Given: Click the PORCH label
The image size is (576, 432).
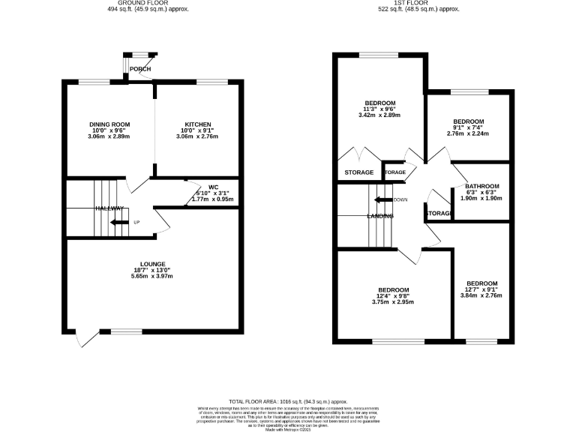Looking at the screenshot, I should click(x=140, y=69).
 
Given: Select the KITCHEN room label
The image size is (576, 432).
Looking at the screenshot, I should click(x=198, y=124).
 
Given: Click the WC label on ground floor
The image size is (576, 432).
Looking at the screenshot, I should click(x=213, y=187).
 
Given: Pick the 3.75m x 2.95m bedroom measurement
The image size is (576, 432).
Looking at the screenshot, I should click(x=394, y=303).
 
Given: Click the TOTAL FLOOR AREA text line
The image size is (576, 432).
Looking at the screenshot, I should click(x=288, y=401).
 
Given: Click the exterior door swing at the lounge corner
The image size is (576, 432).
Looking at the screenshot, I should click(x=85, y=339).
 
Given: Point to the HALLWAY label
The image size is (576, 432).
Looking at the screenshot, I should click(x=109, y=208).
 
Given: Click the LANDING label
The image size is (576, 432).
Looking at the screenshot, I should click(x=380, y=217).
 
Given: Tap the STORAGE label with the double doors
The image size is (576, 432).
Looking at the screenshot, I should click(x=358, y=172).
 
